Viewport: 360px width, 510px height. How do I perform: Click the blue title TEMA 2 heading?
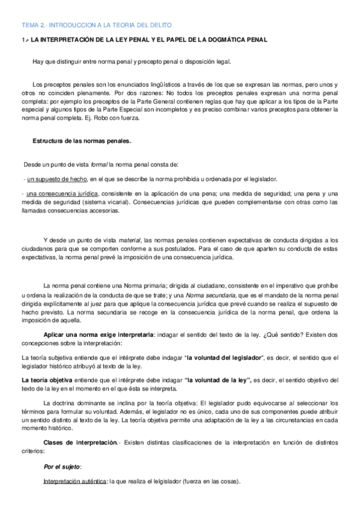[97, 25]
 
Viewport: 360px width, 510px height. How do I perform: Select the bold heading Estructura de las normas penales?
[81, 141]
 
